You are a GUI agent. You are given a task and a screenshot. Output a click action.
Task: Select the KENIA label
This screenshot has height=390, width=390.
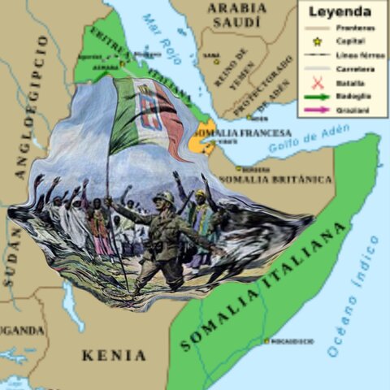(x=114, y=355)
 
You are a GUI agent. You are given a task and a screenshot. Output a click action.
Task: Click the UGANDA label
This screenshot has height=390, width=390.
(x=20, y=331)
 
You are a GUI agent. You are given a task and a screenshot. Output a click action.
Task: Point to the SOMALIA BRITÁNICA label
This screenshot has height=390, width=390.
(x=275, y=179)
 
